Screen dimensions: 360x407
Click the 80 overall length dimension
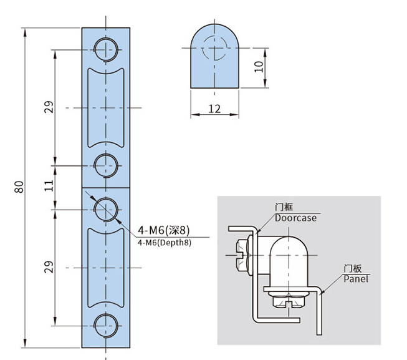pyautogui.click(x=19, y=187)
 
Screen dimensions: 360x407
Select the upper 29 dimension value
pyautogui.click(x=49, y=107)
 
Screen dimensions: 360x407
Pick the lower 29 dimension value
pyautogui.click(x=49, y=267)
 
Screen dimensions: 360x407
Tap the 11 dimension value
pyautogui.click(x=49, y=186)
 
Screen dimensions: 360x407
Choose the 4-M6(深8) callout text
pyautogui.click(x=163, y=231)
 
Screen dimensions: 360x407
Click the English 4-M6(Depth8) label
pyautogui.click(x=163, y=243)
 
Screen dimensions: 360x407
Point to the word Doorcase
pyautogui.click(x=296, y=218)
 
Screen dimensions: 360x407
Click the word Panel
pyautogui.click(x=356, y=278)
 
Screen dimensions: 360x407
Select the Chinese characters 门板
pyautogui.click(x=353, y=268)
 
